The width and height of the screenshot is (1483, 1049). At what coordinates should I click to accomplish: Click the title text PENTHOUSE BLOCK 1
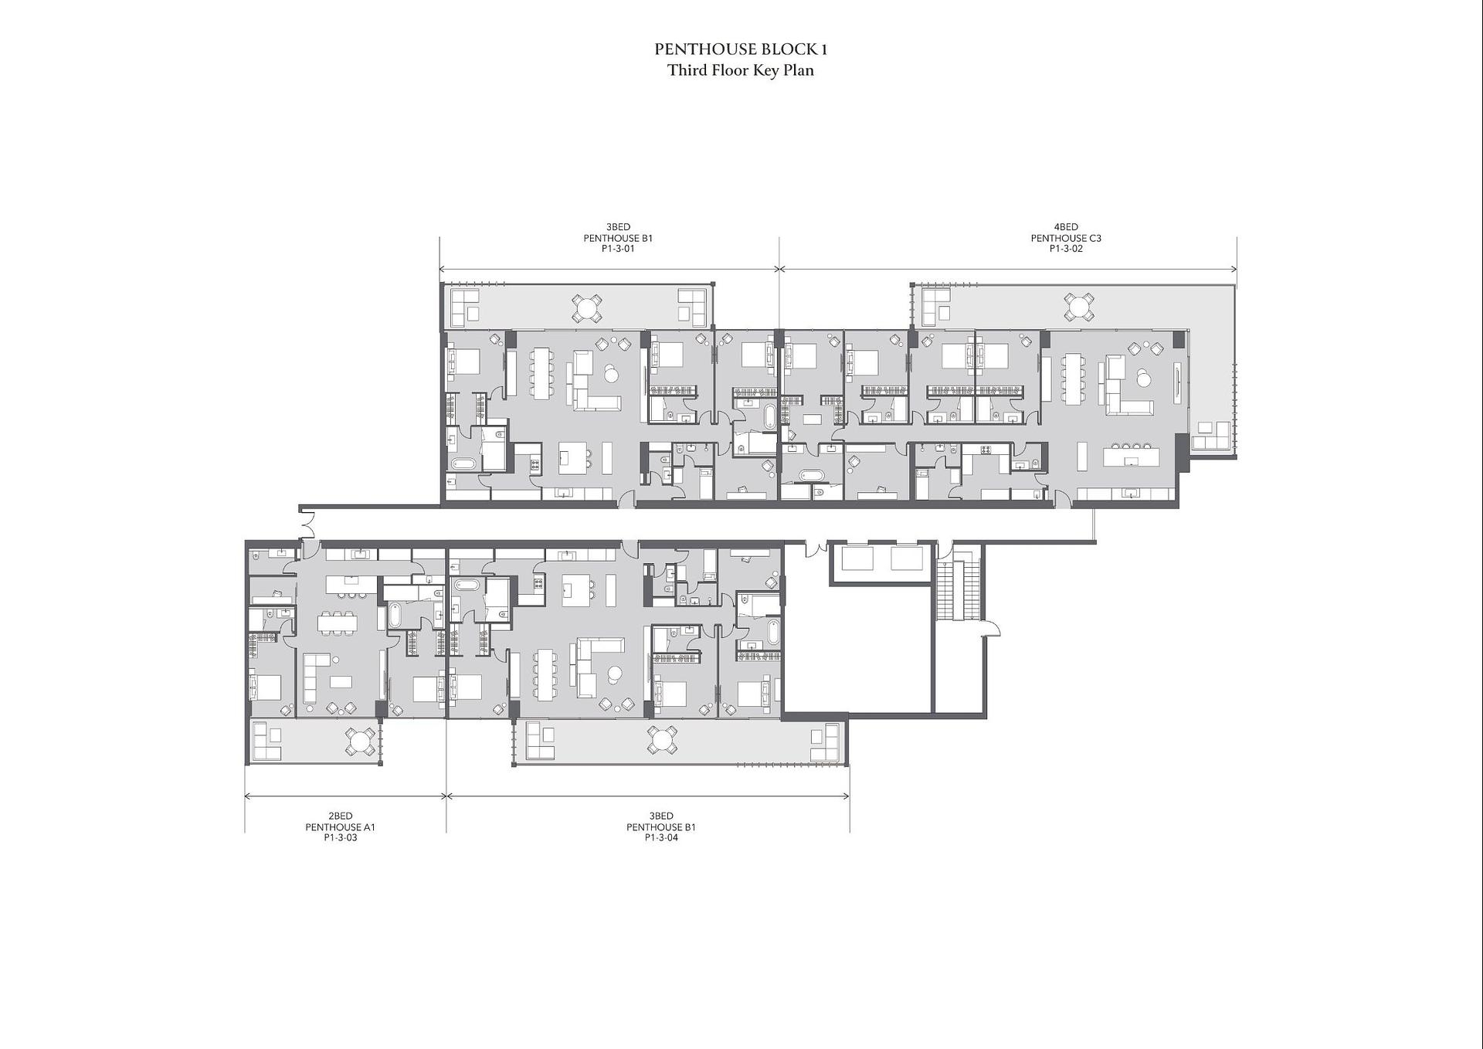pyautogui.click(x=741, y=49)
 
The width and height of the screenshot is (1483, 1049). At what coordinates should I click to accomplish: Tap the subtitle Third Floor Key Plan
pyautogui.click(x=741, y=70)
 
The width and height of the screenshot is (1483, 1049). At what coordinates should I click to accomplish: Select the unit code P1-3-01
pyautogui.click(x=618, y=249)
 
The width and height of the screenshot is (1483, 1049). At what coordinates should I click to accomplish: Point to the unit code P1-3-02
pyautogui.click(x=1066, y=249)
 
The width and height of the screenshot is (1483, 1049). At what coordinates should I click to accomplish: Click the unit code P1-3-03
pyautogui.click(x=341, y=837)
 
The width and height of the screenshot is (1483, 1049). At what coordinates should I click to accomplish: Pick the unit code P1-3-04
pyautogui.click(x=661, y=837)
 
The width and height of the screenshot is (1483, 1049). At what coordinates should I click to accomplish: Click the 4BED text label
pyautogui.click(x=1066, y=227)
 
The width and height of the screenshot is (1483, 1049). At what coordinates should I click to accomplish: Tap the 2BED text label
pyautogui.click(x=341, y=816)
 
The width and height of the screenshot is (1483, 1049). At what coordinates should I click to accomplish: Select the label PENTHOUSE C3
pyautogui.click(x=1066, y=238)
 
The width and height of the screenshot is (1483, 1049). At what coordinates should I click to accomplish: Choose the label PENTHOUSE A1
pyautogui.click(x=341, y=827)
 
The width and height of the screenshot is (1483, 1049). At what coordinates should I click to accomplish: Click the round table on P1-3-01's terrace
pyautogui.click(x=587, y=308)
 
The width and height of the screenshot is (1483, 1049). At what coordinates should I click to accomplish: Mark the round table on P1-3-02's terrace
pyautogui.click(x=1078, y=307)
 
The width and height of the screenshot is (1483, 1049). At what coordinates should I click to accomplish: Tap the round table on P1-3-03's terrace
pyautogui.click(x=360, y=742)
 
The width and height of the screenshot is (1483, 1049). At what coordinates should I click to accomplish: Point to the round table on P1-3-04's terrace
pyautogui.click(x=662, y=741)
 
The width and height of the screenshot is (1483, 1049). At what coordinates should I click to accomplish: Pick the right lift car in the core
pyautogui.click(x=907, y=558)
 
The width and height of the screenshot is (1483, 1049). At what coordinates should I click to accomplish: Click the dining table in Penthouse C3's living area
pyautogui.click(x=1071, y=379)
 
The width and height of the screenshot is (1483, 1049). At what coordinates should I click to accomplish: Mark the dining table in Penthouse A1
pyautogui.click(x=338, y=623)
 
